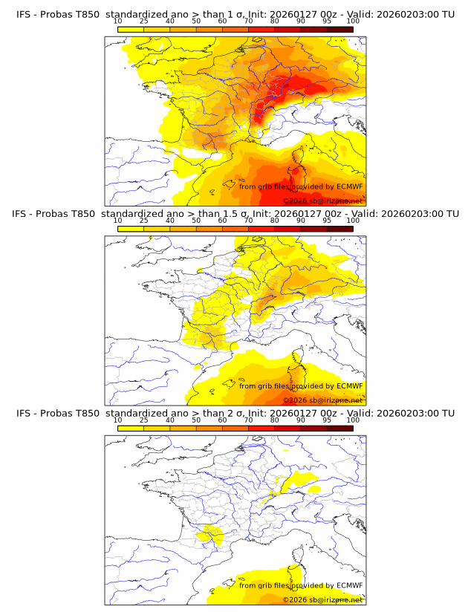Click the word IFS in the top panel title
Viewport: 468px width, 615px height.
[x=24, y=14]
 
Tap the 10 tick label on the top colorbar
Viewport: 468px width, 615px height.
[x=117, y=21]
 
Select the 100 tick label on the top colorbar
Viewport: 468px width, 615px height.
[x=353, y=21]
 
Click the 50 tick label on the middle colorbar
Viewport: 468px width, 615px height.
[x=196, y=220]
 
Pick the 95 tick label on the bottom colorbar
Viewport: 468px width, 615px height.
[x=327, y=420]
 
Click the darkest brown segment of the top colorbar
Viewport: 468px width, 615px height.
[x=339, y=29]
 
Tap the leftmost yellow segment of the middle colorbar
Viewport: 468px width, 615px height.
[x=131, y=228]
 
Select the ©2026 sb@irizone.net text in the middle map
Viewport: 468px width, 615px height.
[x=322, y=400]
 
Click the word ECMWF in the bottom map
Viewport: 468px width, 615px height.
[x=349, y=585]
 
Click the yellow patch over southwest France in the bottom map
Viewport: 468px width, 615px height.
[x=210, y=533]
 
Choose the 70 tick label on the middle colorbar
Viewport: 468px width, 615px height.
[x=248, y=220]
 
